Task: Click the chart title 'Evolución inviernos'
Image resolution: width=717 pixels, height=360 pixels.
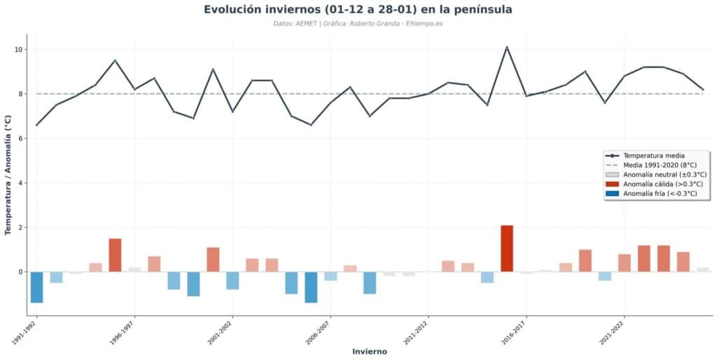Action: pos(358,10)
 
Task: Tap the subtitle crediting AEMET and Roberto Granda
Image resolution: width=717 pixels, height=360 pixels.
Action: pos(358,24)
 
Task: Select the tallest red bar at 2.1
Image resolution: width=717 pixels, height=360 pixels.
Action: pos(507,249)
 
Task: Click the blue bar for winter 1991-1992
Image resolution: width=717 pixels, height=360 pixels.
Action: pos(36,287)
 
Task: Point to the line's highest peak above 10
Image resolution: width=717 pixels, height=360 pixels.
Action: pos(507,48)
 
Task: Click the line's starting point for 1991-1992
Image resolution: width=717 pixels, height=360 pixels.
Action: pos(36,125)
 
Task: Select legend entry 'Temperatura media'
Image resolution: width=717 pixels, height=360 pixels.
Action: pos(654,155)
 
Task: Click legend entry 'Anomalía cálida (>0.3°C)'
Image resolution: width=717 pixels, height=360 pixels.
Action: pos(662,184)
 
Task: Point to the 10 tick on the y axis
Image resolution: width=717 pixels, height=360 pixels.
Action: pos(19,50)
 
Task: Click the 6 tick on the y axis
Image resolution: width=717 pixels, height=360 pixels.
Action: pos(20,139)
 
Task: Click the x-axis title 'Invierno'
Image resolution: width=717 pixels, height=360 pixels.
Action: pos(369,352)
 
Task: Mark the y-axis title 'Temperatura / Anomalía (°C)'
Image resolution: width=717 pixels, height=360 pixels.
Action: pos(8,175)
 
